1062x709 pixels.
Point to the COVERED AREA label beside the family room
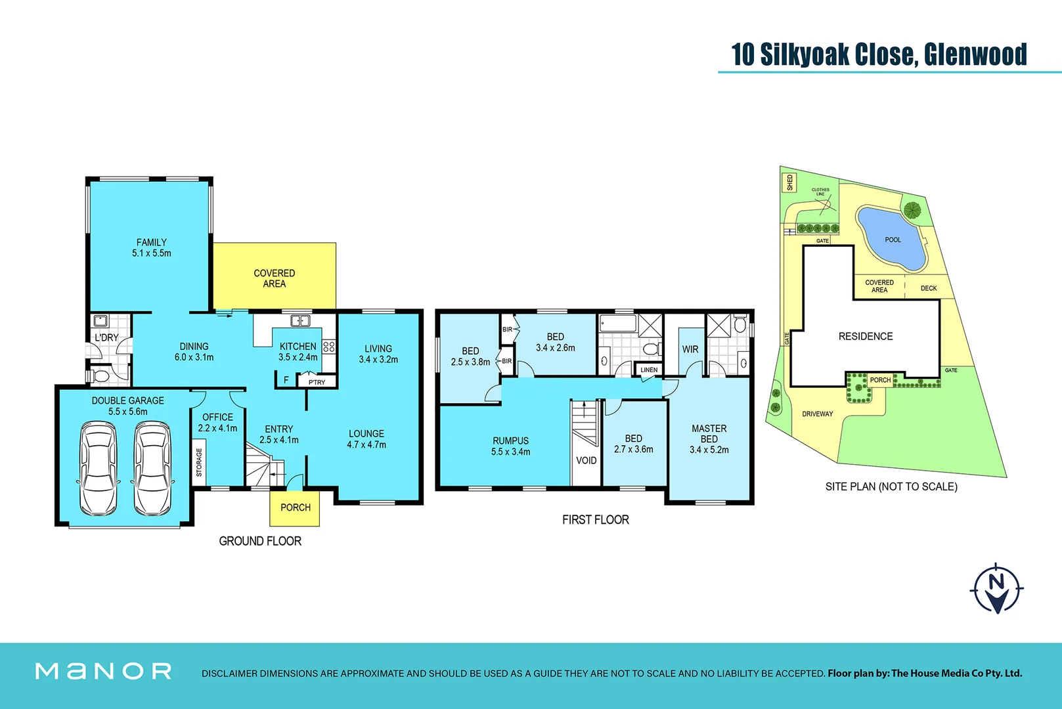point(275,278)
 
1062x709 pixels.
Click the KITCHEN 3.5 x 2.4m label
point(298,352)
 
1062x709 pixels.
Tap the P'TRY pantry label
point(317,382)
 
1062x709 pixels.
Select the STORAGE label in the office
point(199,462)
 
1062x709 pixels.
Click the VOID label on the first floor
point(586,460)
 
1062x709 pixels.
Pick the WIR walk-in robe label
point(690,349)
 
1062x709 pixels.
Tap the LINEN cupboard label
point(649,370)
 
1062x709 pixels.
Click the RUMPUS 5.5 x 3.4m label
point(511,446)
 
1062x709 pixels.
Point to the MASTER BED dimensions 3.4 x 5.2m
point(709,450)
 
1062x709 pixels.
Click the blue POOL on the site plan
point(892,240)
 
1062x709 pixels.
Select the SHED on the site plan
point(789,182)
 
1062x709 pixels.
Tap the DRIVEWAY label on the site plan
point(817,414)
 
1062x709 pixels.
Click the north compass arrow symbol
point(996,588)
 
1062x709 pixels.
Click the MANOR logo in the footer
point(104,671)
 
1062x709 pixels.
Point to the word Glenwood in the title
point(975,54)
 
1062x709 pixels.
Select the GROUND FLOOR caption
point(260,541)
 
